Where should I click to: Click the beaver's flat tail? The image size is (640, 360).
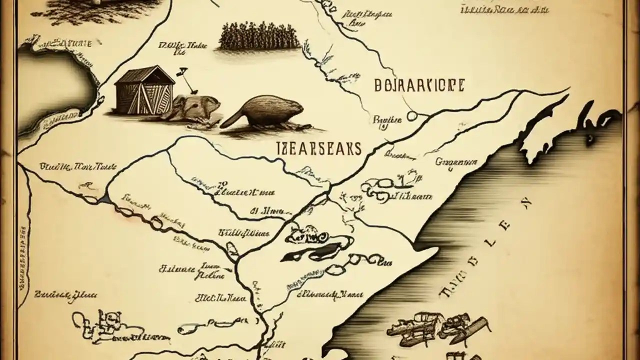[x=231, y=118]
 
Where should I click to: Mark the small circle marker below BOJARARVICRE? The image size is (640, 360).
[x=412, y=116]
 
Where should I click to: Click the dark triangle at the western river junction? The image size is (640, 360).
[x=104, y=199]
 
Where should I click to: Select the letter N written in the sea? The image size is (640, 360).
[x=525, y=202]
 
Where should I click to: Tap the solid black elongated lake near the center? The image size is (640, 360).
[x=300, y=255]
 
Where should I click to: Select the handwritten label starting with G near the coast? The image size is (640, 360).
[x=456, y=161]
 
